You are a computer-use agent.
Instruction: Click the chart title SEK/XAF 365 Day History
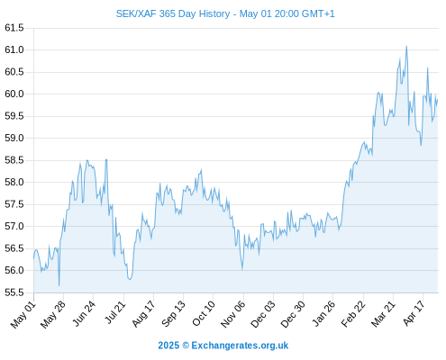[x=173, y=13]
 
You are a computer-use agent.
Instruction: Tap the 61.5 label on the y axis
[x=14, y=28]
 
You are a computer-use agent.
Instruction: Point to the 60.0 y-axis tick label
[x=14, y=94]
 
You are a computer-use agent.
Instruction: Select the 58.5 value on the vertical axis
[x=14, y=160]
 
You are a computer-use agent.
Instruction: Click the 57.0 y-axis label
[x=14, y=226]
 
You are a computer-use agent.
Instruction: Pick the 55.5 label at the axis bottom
[x=14, y=292]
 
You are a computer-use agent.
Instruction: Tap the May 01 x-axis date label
[x=23, y=314]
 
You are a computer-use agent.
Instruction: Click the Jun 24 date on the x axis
[x=84, y=313]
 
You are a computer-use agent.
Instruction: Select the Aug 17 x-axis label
[x=143, y=313]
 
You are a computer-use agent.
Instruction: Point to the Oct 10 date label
[x=204, y=313]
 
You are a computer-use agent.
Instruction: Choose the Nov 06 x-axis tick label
[x=232, y=314]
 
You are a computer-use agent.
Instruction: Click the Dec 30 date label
[x=293, y=314]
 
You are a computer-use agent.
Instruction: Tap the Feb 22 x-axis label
[x=353, y=314]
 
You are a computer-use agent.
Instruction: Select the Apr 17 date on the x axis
[x=414, y=313]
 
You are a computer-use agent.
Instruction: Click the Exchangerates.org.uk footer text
[x=240, y=346]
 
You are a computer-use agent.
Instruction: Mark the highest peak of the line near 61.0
[x=406, y=46]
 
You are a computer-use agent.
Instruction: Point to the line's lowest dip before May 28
[x=59, y=285]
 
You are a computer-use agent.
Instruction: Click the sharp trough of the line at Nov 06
[x=242, y=269]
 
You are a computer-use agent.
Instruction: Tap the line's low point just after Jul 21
[x=130, y=279]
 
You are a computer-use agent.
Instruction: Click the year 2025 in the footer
[x=168, y=346]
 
